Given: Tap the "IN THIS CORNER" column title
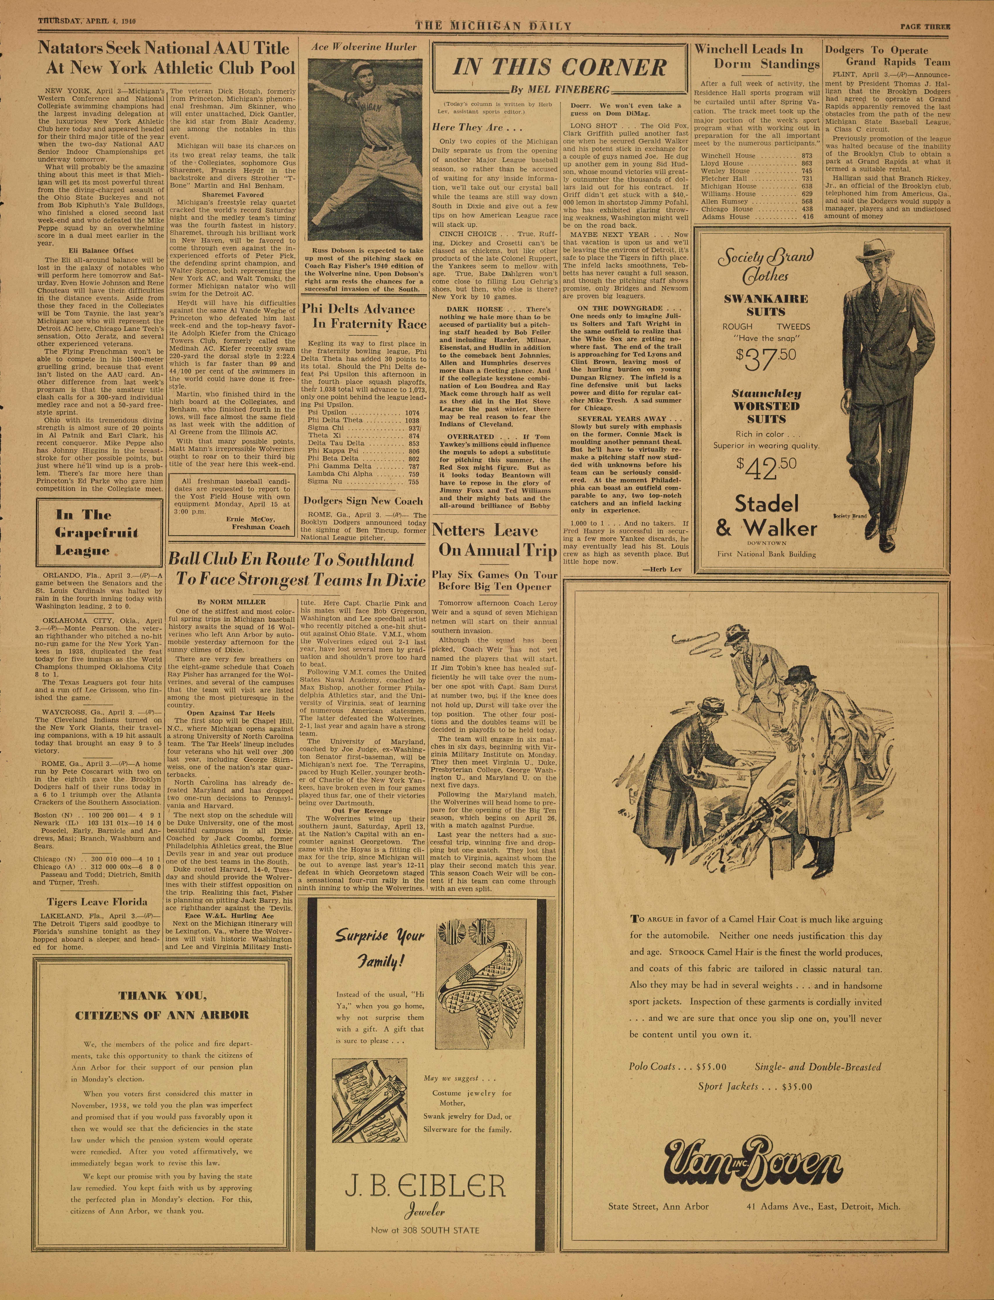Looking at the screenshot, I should [x=560, y=68].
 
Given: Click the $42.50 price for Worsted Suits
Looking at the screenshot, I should [x=766, y=469].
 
